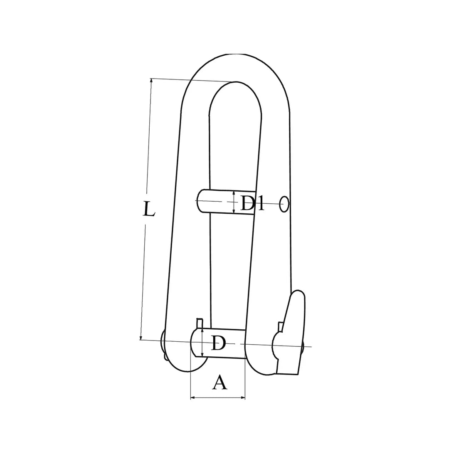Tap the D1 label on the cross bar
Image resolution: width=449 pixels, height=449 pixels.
coord(253,203)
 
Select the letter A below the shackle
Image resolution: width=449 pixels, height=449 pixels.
coord(220,382)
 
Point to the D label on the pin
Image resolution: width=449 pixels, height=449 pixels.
coord(218,343)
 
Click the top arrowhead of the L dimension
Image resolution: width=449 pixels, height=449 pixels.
coord(151,80)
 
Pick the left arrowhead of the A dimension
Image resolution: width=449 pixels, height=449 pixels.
coord(192,398)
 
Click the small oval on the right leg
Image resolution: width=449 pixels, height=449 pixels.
coord(284,204)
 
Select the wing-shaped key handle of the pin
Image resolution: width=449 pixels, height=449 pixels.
coord(294,333)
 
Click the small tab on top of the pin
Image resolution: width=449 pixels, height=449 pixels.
coord(200,323)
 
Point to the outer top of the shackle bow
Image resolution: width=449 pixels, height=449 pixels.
coord(236,55)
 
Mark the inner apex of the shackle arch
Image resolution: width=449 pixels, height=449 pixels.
coord(236,82)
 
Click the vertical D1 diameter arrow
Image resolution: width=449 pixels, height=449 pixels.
coord(234,202)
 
